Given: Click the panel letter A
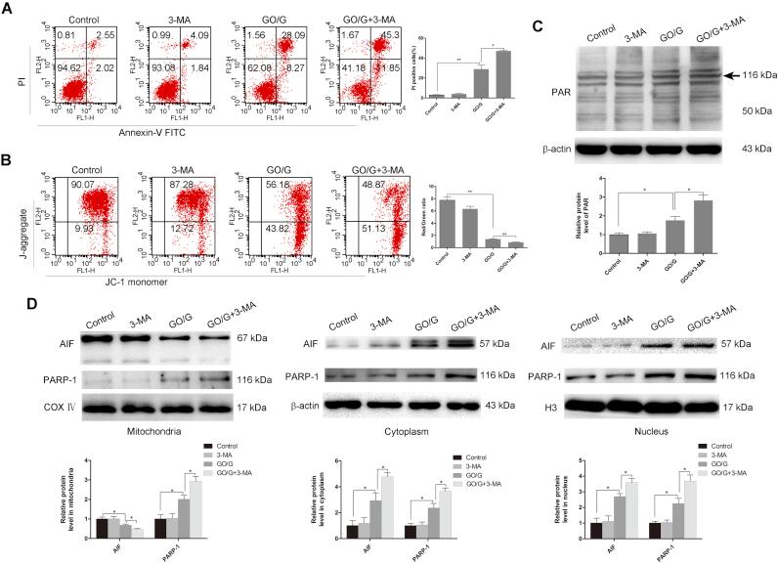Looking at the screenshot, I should (9, 9).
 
